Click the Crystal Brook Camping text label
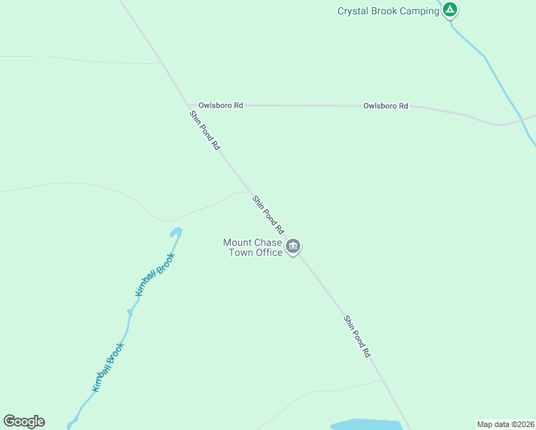[x=388, y=11]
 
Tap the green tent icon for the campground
[x=449, y=10]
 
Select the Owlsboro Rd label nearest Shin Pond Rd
[x=221, y=105]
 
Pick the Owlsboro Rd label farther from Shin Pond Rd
[x=386, y=106]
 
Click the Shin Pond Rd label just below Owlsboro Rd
[x=204, y=130]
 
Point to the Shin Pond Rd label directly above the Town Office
[x=268, y=214]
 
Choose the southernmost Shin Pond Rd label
[x=357, y=337]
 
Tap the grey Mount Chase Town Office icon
[x=293, y=247]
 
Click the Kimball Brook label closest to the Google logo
[x=109, y=367]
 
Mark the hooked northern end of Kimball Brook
[x=176, y=231]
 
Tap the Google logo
[x=24, y=421]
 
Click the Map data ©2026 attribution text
[x=505, y=424]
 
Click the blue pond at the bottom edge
[x=365, y=424]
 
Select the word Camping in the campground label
[x=420, y=11]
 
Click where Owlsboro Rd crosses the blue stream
[x=520, y=118]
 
